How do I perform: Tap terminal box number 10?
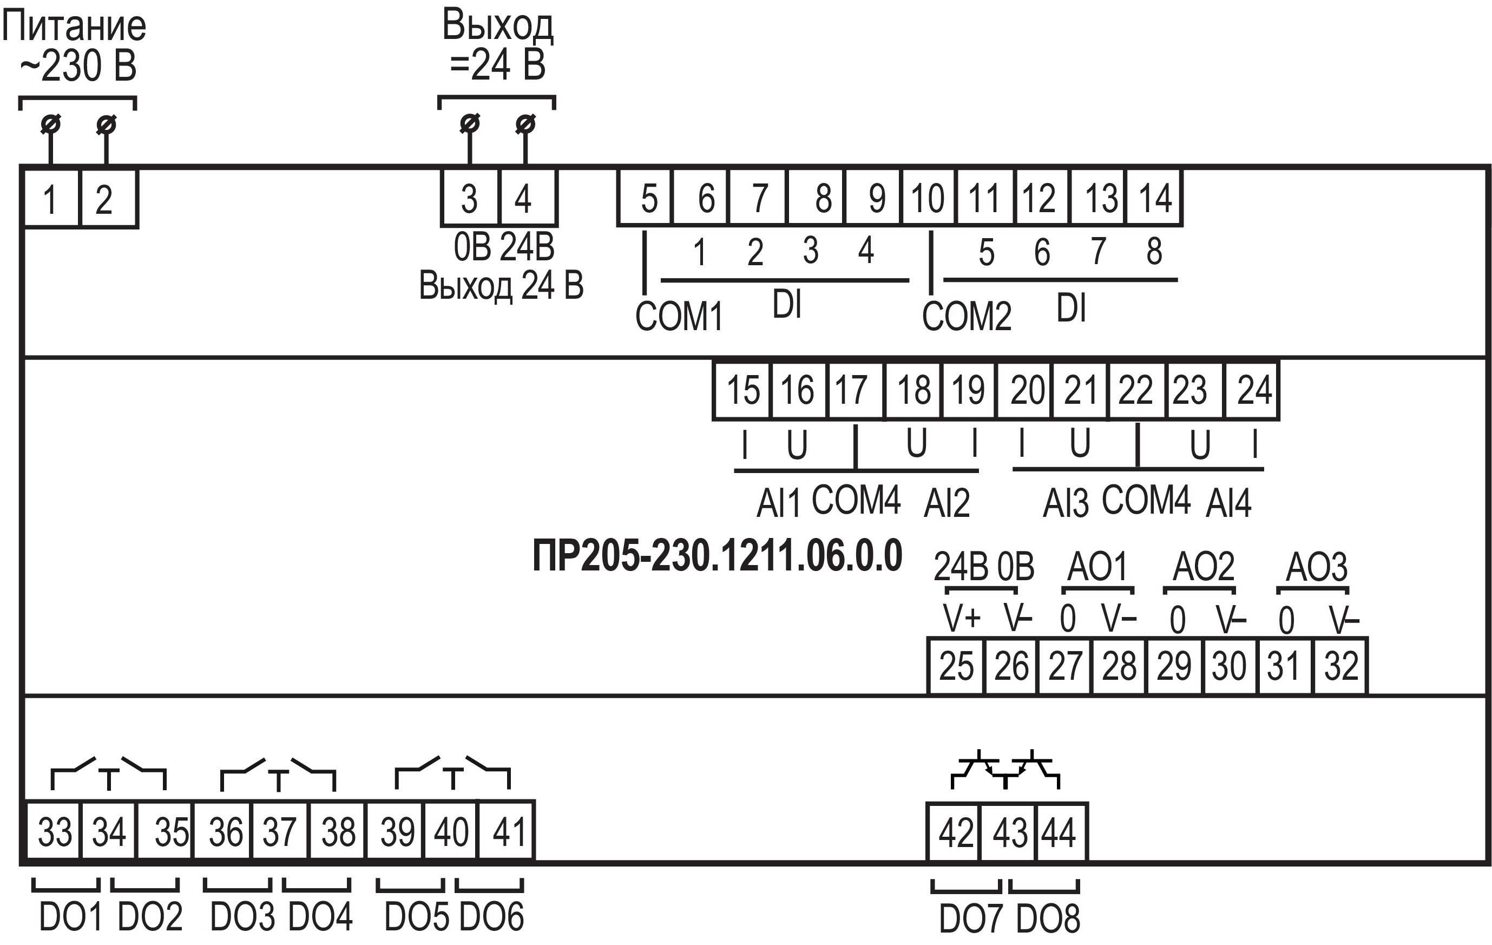point(928,198)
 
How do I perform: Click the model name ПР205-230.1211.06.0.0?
point(717,556)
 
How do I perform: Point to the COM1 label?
point(679,317)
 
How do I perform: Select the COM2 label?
point(967,317)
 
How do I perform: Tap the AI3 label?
point(1065,503)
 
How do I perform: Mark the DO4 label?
point(320,916)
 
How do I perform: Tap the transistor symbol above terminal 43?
point(1006,770)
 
